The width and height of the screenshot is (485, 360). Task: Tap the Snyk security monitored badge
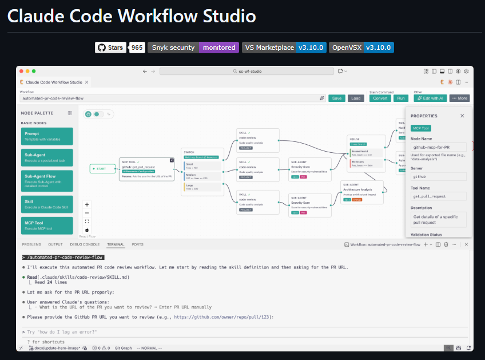[193, 48]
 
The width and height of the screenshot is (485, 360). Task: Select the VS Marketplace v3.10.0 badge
[284, 48]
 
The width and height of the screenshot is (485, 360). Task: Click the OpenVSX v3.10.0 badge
[361, 48]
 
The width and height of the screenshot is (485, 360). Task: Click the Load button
[356, 98]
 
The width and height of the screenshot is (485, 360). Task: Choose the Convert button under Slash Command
[380, 98]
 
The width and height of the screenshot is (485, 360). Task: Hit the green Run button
[401, 98]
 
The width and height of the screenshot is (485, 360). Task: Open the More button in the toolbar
[459, 98]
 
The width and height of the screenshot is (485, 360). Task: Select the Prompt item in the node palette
[47, 136]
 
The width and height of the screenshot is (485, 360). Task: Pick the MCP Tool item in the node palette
[47, 226]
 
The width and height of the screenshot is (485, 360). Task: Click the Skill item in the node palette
[47, 203]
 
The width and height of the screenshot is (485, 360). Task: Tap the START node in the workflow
[102, 169]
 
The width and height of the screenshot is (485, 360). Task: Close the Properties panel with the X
[462, 116]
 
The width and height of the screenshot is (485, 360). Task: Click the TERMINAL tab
[115, 244]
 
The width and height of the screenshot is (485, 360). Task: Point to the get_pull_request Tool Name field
[439, 196]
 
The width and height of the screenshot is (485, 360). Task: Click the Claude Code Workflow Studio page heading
[132, 16]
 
